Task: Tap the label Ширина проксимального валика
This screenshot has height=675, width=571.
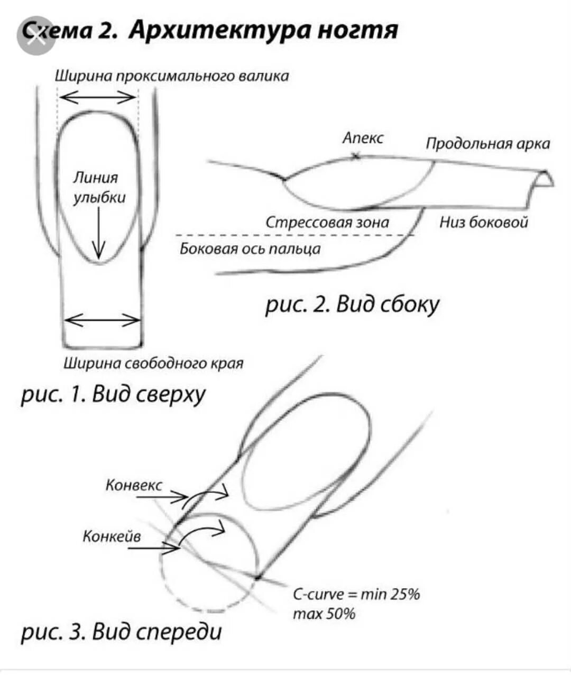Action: tap(172, 76)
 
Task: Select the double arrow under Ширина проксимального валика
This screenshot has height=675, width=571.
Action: tap(98, 97)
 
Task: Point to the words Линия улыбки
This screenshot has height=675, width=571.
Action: tap(99, 187)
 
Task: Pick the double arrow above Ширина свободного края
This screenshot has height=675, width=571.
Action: tap(103, 320)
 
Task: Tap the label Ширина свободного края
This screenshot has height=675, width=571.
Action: tap(153, 363)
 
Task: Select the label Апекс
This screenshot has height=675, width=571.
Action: tap(363, 138)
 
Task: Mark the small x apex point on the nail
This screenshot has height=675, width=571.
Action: tap(356, 155)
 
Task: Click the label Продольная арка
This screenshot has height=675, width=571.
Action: tap(487, 143)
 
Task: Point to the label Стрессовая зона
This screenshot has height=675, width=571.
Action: tap(327, 222)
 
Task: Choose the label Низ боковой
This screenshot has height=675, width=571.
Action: tap(484, 222)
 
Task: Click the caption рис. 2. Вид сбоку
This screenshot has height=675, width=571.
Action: tap(352, 305)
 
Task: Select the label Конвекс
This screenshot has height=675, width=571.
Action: tap(134, 485)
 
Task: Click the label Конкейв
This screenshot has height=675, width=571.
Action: tap(112, 536)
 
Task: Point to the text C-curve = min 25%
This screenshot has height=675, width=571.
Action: tap(356, 594)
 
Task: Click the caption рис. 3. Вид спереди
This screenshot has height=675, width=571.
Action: tap(122, 631)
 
